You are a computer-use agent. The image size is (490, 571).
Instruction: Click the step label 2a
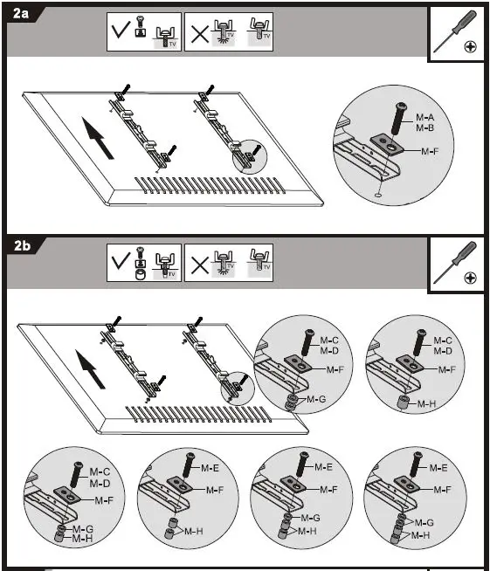pos(20,13)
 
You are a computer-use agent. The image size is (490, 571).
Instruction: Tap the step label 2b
pos(22,246)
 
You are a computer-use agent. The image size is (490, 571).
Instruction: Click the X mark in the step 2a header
pos(200,34)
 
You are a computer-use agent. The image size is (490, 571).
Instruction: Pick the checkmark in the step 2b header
pos(121,261)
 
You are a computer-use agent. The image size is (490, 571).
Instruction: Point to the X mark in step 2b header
pos(200,265)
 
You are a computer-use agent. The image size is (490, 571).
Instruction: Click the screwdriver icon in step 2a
pos(455,31)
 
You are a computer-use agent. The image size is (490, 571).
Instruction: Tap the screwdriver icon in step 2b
pos(455,263)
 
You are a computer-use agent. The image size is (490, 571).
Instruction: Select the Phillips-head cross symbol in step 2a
pos(471,46)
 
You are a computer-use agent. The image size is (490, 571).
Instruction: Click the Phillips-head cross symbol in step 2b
pos(471,279)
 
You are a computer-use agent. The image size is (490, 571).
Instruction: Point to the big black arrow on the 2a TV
pos(97,138)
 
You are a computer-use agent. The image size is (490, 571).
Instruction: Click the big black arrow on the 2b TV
pos(90,369)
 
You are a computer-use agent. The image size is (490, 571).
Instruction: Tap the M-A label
pos(424,117)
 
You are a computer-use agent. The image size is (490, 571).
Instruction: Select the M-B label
pos(424,127)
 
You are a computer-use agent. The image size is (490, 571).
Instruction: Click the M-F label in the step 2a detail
pos(430,151)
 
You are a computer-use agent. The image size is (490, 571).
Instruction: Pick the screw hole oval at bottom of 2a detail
pos(379,195)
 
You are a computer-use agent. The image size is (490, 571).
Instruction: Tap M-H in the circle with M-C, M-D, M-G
pos(83,539)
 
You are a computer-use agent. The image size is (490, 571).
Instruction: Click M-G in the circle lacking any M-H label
pos(316,400)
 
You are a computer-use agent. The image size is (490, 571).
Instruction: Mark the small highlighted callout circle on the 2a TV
pos(250,156)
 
